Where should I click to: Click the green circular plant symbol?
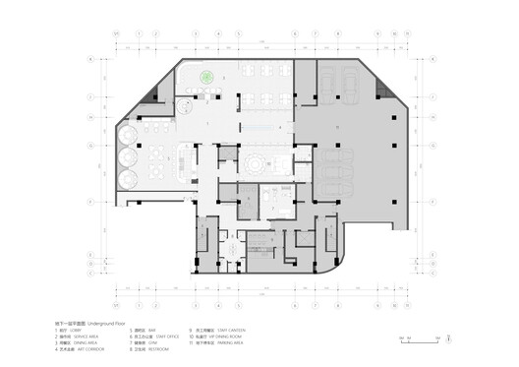point(208,77)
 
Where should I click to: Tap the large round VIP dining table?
point(256,160)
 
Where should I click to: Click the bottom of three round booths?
point(128,177)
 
